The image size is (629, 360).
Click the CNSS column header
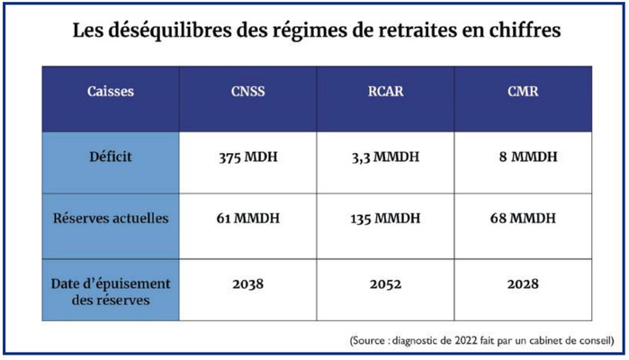[x=247, y=92]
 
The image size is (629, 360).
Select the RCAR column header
[x=385, y=92]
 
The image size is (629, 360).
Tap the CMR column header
[x=523, y=92]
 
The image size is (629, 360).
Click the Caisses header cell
[x=111, y=92]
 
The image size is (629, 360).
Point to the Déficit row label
[x=110, y=157]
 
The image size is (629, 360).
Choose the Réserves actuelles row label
[x=110, y=219]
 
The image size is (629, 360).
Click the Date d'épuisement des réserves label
[x=110, y=291]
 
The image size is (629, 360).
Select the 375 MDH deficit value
[x=247, y=157]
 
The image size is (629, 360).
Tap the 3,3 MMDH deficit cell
[x=385, y=157]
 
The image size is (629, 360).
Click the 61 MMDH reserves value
[x=247, y=219]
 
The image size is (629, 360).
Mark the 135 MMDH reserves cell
[x=385, y=219]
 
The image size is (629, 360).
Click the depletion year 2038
[x=247, y=283]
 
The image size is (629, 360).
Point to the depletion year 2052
[x=385, y=283]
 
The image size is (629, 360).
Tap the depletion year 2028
[x=523, y=283]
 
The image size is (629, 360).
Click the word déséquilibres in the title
[x=159, y=31]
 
